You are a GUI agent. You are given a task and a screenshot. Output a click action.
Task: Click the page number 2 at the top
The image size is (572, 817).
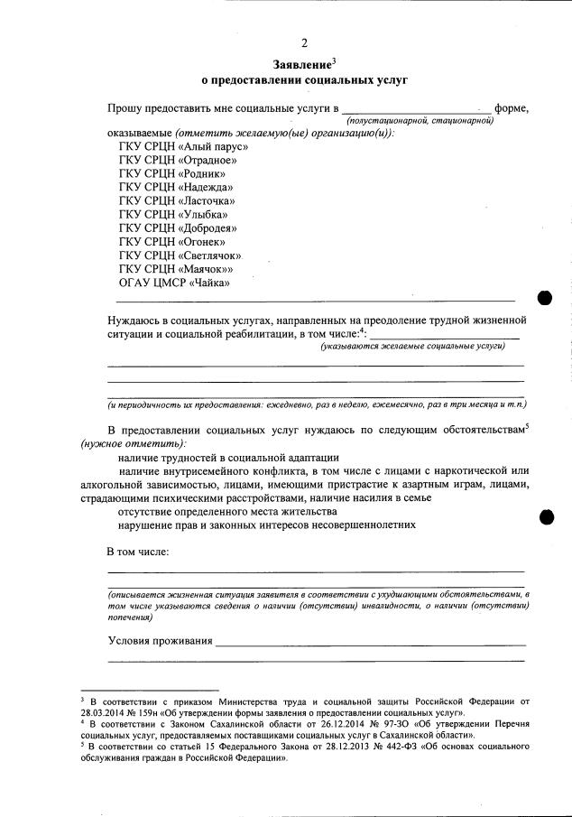[x=304, y=42]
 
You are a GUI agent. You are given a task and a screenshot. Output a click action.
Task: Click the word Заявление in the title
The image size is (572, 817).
[x=301, y=65]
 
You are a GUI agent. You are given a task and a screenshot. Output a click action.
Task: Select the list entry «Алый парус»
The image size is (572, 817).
[x=183, y=146]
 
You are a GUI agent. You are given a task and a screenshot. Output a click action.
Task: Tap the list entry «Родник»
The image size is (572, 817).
[x=172, y=173]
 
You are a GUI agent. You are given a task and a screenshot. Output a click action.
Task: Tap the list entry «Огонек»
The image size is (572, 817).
[x=172, y=242]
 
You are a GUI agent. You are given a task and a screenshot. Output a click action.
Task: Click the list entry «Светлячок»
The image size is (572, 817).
[x=181, y=255]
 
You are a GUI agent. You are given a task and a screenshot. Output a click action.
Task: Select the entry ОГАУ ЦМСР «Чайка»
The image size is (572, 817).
[x=174, y=283]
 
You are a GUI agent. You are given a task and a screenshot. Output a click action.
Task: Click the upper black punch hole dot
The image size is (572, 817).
[x=546, y=298]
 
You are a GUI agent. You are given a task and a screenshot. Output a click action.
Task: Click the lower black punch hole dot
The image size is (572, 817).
[x=546, y=516]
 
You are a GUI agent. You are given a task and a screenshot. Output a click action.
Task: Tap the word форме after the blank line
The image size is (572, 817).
[x=511, y=108]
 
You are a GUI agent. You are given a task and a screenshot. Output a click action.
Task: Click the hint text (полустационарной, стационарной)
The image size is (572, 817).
[x=419, y=120]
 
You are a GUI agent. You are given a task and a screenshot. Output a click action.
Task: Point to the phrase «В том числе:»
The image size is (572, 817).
[x=138, y=551]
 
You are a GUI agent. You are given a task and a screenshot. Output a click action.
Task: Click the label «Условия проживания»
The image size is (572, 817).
[x=160, y=642]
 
